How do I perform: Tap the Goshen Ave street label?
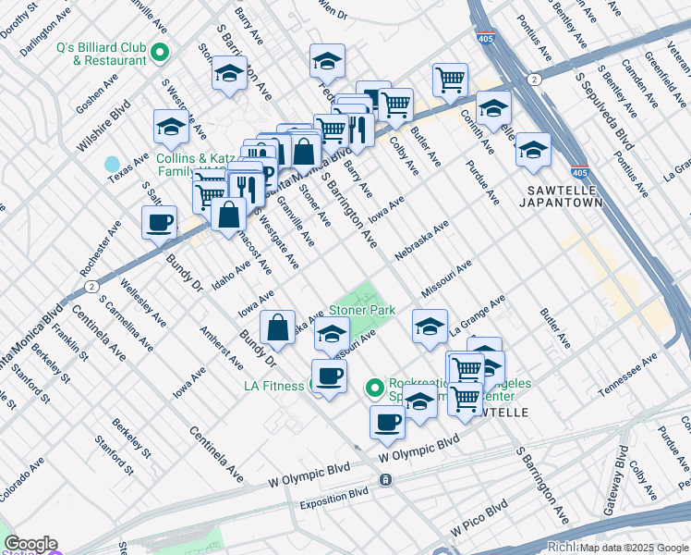click(x=98, y=93)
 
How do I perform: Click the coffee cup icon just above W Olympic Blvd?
click(x=388, y=422)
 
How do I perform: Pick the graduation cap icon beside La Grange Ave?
click(x=430, y=327)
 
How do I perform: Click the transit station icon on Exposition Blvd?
click(x=385, y=480)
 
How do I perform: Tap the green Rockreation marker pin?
click(x=375, y=387)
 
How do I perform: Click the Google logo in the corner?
click(x=30, y=544)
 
